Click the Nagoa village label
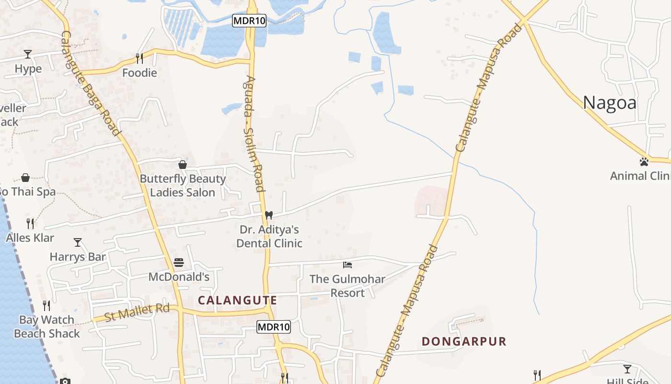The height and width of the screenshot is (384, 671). pyautogui.click(x=610, y=103)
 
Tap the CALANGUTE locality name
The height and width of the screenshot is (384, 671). pyautogui.click(x=237, y=300)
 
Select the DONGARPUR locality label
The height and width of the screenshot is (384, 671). pyautogui.click(x=464, y=342)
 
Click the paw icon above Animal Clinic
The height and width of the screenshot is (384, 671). pyautogui.click(x=644, y=162)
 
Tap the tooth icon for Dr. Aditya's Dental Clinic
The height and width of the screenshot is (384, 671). pyautogui.click(x=269, y=215)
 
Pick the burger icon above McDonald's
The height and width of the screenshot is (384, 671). pyautogui.click(x=179, y=263)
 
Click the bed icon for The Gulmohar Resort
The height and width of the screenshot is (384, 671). pyautogui.click(x=347, y=264)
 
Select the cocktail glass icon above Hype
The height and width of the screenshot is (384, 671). pyautogui.click(x=28, y=54)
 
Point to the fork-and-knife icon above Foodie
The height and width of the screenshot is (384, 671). pyautogui.click(x=139, y=58)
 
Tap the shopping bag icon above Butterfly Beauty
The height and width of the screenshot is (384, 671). pyautogui.click(x=183, y=165)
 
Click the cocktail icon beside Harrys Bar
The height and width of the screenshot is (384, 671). pyautogui.click(x=78, y=242)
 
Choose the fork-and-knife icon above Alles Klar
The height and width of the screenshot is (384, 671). pyautogui.click(x=30, y=223)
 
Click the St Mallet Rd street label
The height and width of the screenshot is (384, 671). pyautogui.click(x=137, y=313)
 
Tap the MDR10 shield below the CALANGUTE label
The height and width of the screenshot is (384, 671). pyautogui.click(x=274, y=327)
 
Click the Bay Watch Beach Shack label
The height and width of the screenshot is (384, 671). pyautogui.click(x=47, y=326)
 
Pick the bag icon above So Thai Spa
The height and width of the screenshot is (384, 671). pyautogui.click(x=25, y=178)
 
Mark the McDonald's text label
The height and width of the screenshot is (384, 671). pyautogui.click(x=179, y=277)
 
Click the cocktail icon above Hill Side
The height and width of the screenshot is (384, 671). pyautogui.click(x=627, y=369)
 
